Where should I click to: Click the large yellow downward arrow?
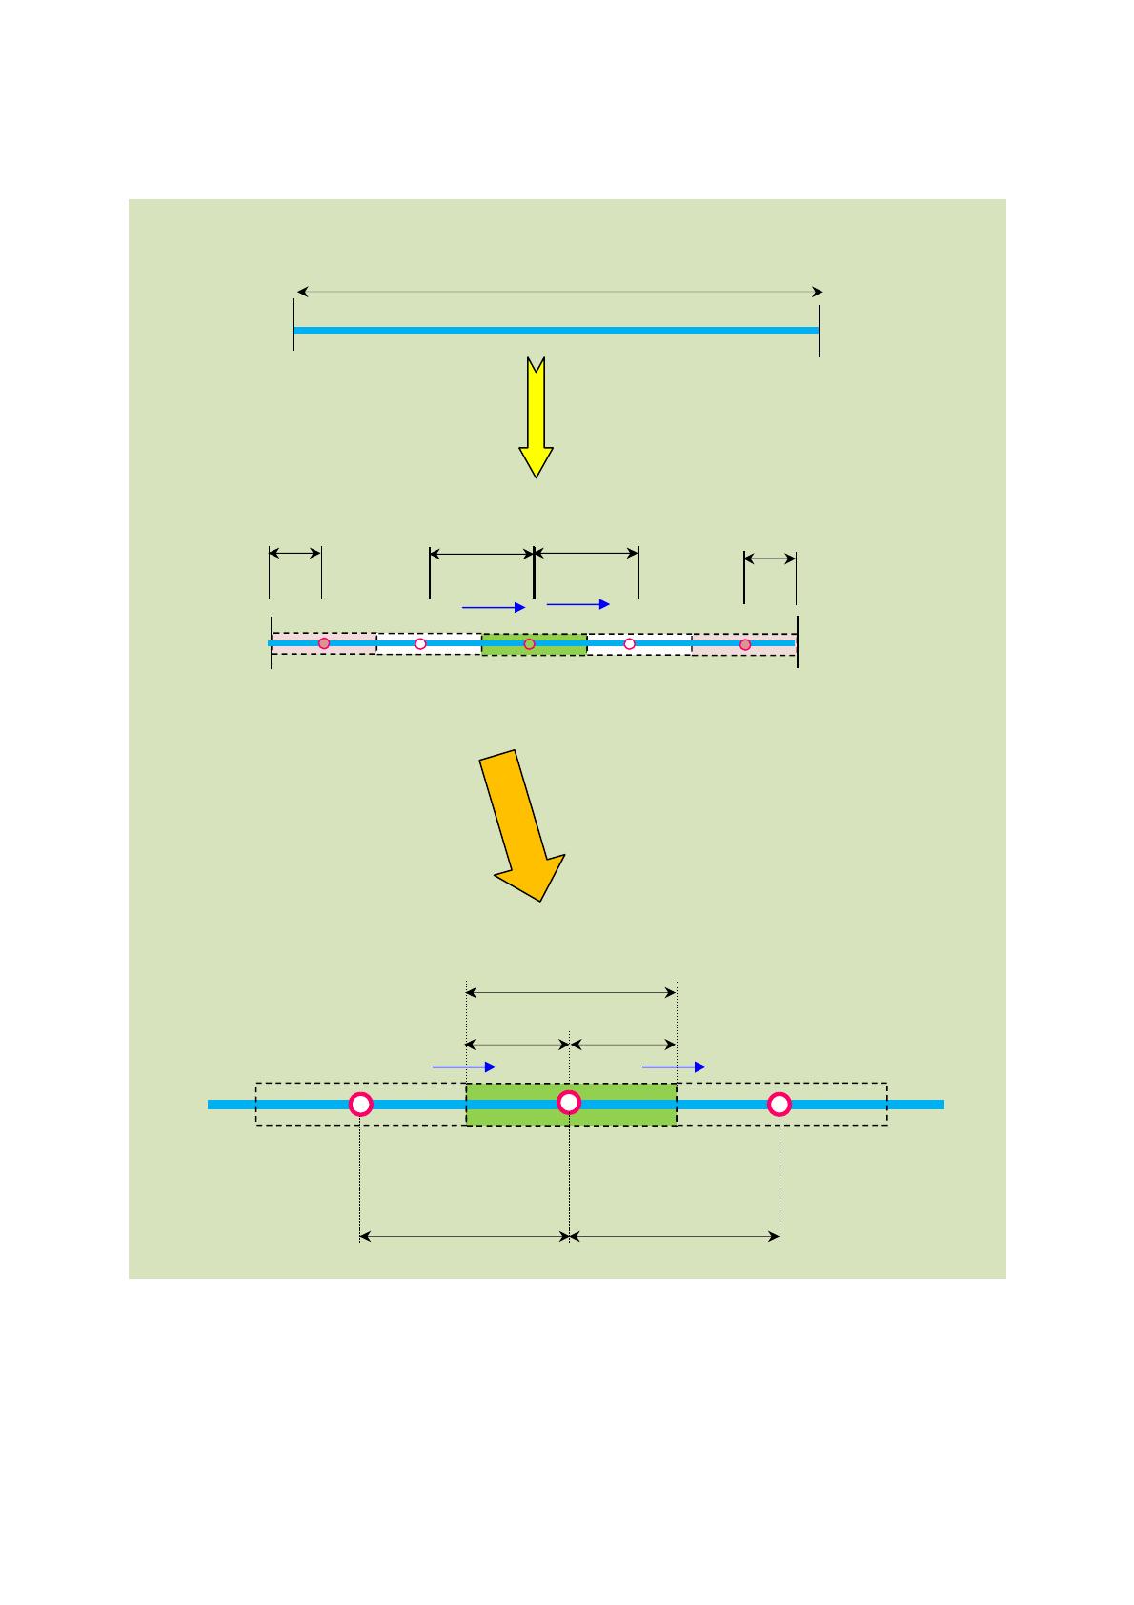[537, 419]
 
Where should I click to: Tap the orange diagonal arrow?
[522, 823]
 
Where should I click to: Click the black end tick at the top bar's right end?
[820, 331]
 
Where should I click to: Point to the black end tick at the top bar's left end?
[293, 325]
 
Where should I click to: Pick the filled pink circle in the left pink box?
[324, 643]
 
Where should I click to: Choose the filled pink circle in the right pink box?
[745, 644]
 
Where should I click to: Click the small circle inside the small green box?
[530, 644]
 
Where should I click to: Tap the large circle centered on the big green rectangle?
[569, 1102]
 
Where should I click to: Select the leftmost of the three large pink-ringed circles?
[360, 1104]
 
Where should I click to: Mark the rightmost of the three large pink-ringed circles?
[780, 1104]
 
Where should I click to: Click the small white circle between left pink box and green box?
[420, 644]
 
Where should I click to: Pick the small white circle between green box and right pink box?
[629, 644]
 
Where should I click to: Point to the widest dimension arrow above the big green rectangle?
[571, 993]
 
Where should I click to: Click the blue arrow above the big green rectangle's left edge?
[464, 1067]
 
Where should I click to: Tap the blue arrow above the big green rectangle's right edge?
[674, 1067]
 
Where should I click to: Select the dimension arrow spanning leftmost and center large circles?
[464, 1237]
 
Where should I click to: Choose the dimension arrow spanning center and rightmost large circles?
[675, 1237]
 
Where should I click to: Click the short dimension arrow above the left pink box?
[295, 553]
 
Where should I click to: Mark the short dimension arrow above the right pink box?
[770, 559]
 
